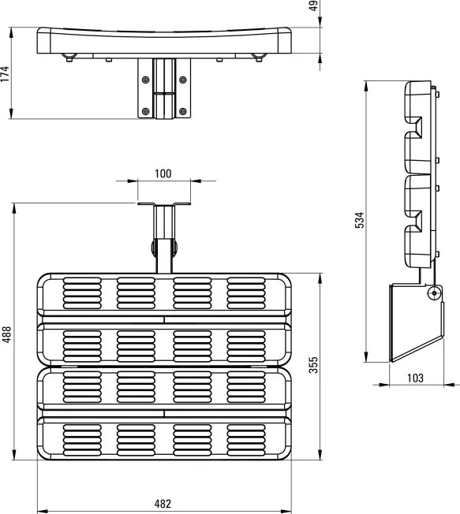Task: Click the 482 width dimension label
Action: tap(163, 504)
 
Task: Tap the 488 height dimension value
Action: tap(6, 334)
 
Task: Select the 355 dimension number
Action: tap(314, 365)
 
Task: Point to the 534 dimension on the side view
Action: tap(360, 220)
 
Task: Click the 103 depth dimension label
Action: tap(415, 378)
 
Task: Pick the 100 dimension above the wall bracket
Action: tap(163, 173)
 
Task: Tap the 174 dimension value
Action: tap(5, 74)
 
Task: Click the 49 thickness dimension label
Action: tap(314, 6)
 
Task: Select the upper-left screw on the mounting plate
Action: tap(145, 80)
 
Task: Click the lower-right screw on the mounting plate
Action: tap(183, 111)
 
